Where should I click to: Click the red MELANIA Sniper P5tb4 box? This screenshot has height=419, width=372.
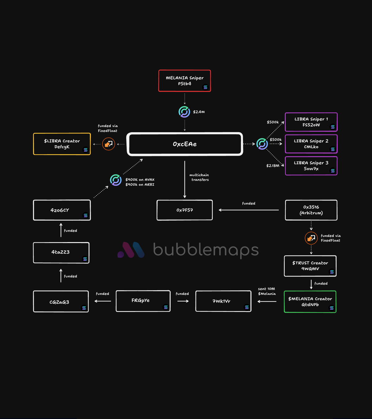click(x=184, y=81)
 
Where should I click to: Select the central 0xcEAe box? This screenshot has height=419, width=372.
click(x=184, y=144)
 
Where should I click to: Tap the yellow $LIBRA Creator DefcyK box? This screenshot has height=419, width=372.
click(x=62, y=144)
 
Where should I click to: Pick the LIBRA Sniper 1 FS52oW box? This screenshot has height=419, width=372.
click(x=311, y=122)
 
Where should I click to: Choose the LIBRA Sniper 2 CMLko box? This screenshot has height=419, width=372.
click(x=311, y=144)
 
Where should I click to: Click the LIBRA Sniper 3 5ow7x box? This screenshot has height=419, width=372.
click(x=311, y=166)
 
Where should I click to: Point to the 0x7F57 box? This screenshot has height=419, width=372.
click(x=184, y=210)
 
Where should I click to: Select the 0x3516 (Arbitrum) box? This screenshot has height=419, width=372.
click(x=311, y=210)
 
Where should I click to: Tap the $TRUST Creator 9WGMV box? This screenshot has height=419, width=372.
click(x=310, y=266)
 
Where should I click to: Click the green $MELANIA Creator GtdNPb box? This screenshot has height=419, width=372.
click(x=310, y=302)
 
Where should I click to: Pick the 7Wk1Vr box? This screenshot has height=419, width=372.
click(x=223, y=301)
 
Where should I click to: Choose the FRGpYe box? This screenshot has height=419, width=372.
click(x=143, y=301)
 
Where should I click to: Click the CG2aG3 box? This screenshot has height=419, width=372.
click(x=61, y=301)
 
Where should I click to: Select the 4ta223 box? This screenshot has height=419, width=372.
click(x=61, y=253)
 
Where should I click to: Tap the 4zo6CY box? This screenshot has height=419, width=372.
click(x=62, y=210)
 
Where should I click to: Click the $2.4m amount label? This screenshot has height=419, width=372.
click(x=199, y=112)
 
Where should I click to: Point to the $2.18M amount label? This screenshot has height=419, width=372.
click(x=272, y=166)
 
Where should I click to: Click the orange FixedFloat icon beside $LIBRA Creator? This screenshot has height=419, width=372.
click(x=108, y=144)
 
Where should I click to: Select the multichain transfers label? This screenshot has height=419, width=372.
click(x=199, y=177)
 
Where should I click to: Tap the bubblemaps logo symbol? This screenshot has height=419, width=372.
click(x=131, y=250)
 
